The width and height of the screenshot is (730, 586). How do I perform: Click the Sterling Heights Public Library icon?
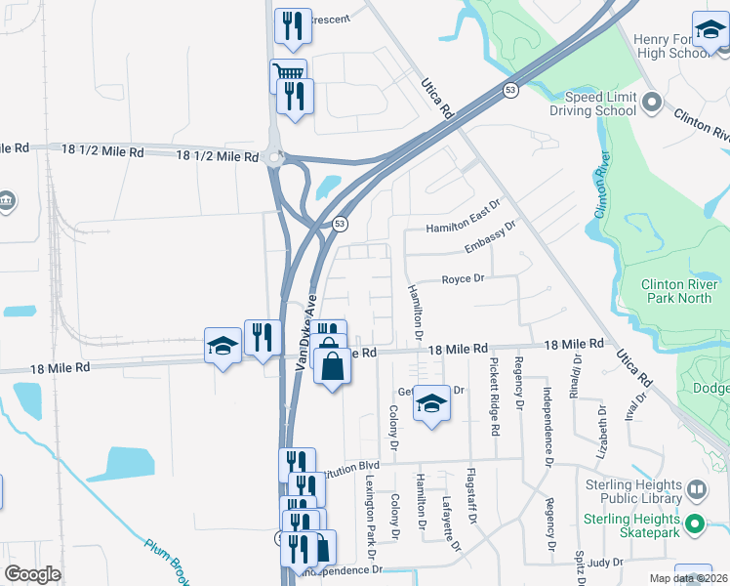coord(697,488)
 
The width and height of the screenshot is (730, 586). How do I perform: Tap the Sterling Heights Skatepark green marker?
coord(695,523)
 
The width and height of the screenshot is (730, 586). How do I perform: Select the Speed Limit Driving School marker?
coord(652,100)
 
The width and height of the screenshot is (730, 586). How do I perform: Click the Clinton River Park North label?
coord(677,291)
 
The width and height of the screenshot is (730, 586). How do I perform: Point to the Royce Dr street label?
coord(464,277)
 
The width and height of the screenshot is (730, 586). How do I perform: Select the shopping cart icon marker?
coord(288,73)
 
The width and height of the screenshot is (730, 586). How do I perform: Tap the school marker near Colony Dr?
coord(429,402)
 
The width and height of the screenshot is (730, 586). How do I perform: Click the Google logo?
coord(33,574)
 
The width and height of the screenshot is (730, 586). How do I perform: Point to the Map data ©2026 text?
coord(687,578)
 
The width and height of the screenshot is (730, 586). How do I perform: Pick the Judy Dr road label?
coord(605,562)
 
